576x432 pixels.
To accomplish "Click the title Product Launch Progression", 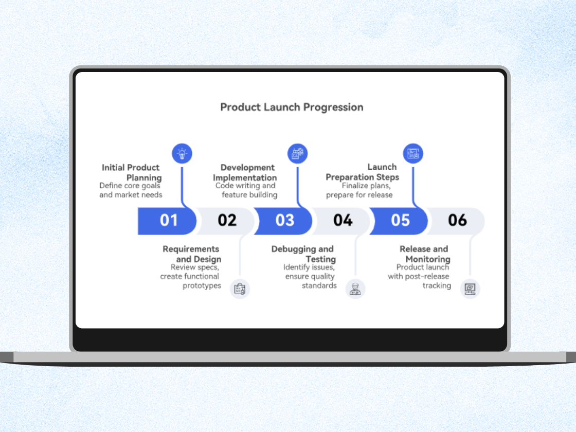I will click(x=292, y=107).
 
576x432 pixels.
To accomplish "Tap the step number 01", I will click(x=169, y=221).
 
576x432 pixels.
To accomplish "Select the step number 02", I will click(x=227, y=221).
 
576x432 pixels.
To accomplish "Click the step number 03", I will click(x=284, y=221).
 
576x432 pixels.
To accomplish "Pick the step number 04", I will click(x=343, y=221).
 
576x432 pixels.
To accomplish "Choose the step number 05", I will click(x=400, y=221).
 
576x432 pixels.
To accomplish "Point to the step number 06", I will click(x=457, y=221).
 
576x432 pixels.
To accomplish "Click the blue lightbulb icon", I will click(x=182, y=153).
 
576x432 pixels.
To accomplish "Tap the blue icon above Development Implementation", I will click(x=297, y=153).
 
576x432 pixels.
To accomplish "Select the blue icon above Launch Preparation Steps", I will click(x=413, y=153).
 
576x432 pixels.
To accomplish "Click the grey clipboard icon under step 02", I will click(x=240, y=289).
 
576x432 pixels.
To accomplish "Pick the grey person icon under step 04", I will click(x=355, y=289).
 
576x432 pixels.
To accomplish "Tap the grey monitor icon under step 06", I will click(x=470, y=289).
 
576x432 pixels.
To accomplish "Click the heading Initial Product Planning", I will click(x=132, y=172).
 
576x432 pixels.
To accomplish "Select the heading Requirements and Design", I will click(x=192, y=254).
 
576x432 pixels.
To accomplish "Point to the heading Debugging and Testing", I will click(x=303, y=254).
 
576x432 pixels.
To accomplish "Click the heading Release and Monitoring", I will click(x=424, y=254).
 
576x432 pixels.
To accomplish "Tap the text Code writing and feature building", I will click(x=246, y=190).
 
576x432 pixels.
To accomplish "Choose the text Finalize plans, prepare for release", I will click(x=359, y=190).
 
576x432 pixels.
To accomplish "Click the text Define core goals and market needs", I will click(x=131, y=190).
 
